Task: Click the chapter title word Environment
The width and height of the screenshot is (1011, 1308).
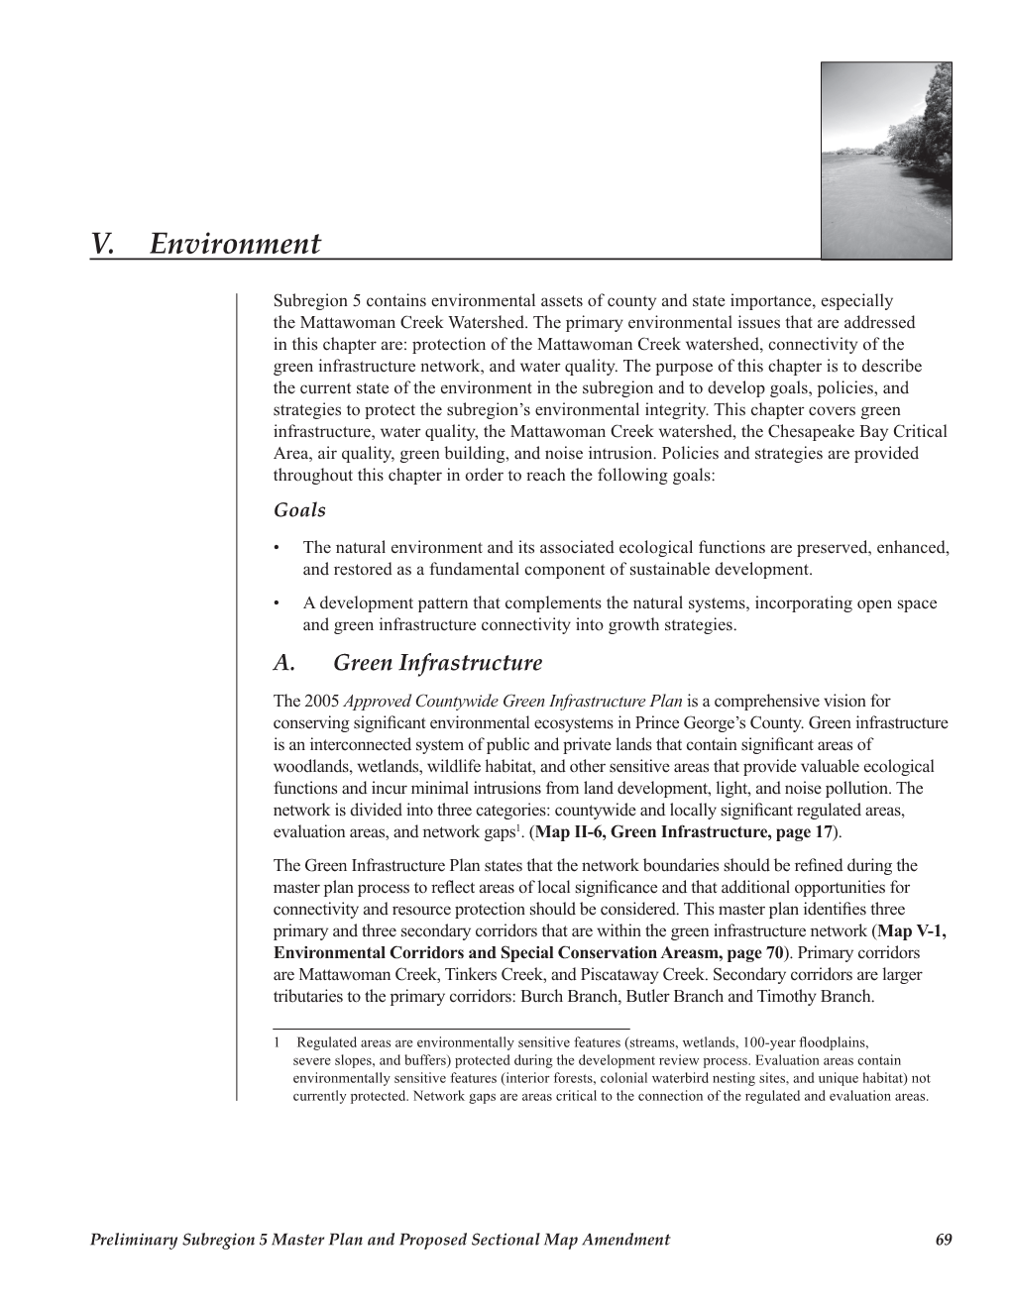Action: pyautogui.click(x=236, y=244)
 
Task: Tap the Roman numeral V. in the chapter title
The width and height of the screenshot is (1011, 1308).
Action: pyautogui.click(x=102, y=244)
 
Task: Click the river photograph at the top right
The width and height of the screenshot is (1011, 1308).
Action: pyautogui.click(x=886, y=161)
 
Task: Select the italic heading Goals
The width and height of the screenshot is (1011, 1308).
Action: pyautogui.click(x=298, y=510)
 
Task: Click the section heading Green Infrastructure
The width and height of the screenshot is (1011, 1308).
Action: pyautogui.click(x=438, y=663)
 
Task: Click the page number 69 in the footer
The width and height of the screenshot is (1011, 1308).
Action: pyautogui.click(x=943, y=1240)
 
